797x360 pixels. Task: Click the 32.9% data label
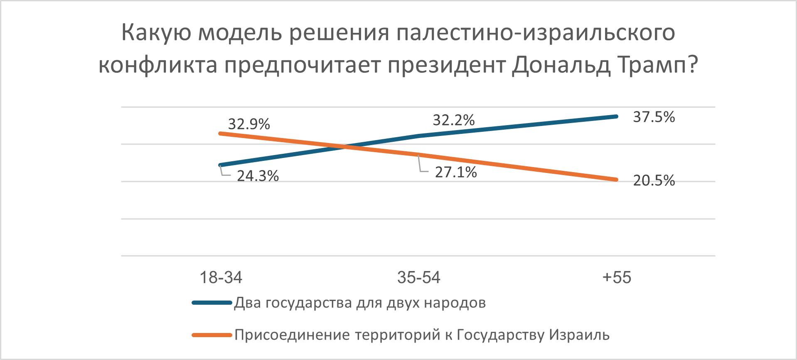tap(249, 124)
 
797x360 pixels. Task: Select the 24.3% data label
tap(258, 176)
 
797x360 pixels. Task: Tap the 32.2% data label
tap(453, 120)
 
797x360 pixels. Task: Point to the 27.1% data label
tap(456, 172)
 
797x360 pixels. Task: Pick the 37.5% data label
tap(654, 117)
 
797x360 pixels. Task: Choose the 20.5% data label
tap(654, 180)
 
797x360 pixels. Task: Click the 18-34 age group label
tap(221, 277)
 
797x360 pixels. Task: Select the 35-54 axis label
tap(418, 277)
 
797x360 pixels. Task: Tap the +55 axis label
tap(617, 277)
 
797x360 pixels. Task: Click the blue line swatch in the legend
tap(212, 303)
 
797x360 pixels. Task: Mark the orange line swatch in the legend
tap(212, 335)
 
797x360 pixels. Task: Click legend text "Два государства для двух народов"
tap(360, 303)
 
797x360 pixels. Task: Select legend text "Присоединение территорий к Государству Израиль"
tap(422, 335)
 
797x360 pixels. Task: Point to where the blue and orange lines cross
tap(344, 146)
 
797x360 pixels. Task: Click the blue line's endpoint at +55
tap(616, 116)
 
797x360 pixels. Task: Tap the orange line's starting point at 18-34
tap(220, 133)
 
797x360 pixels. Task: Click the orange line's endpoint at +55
tap(616, 180)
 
